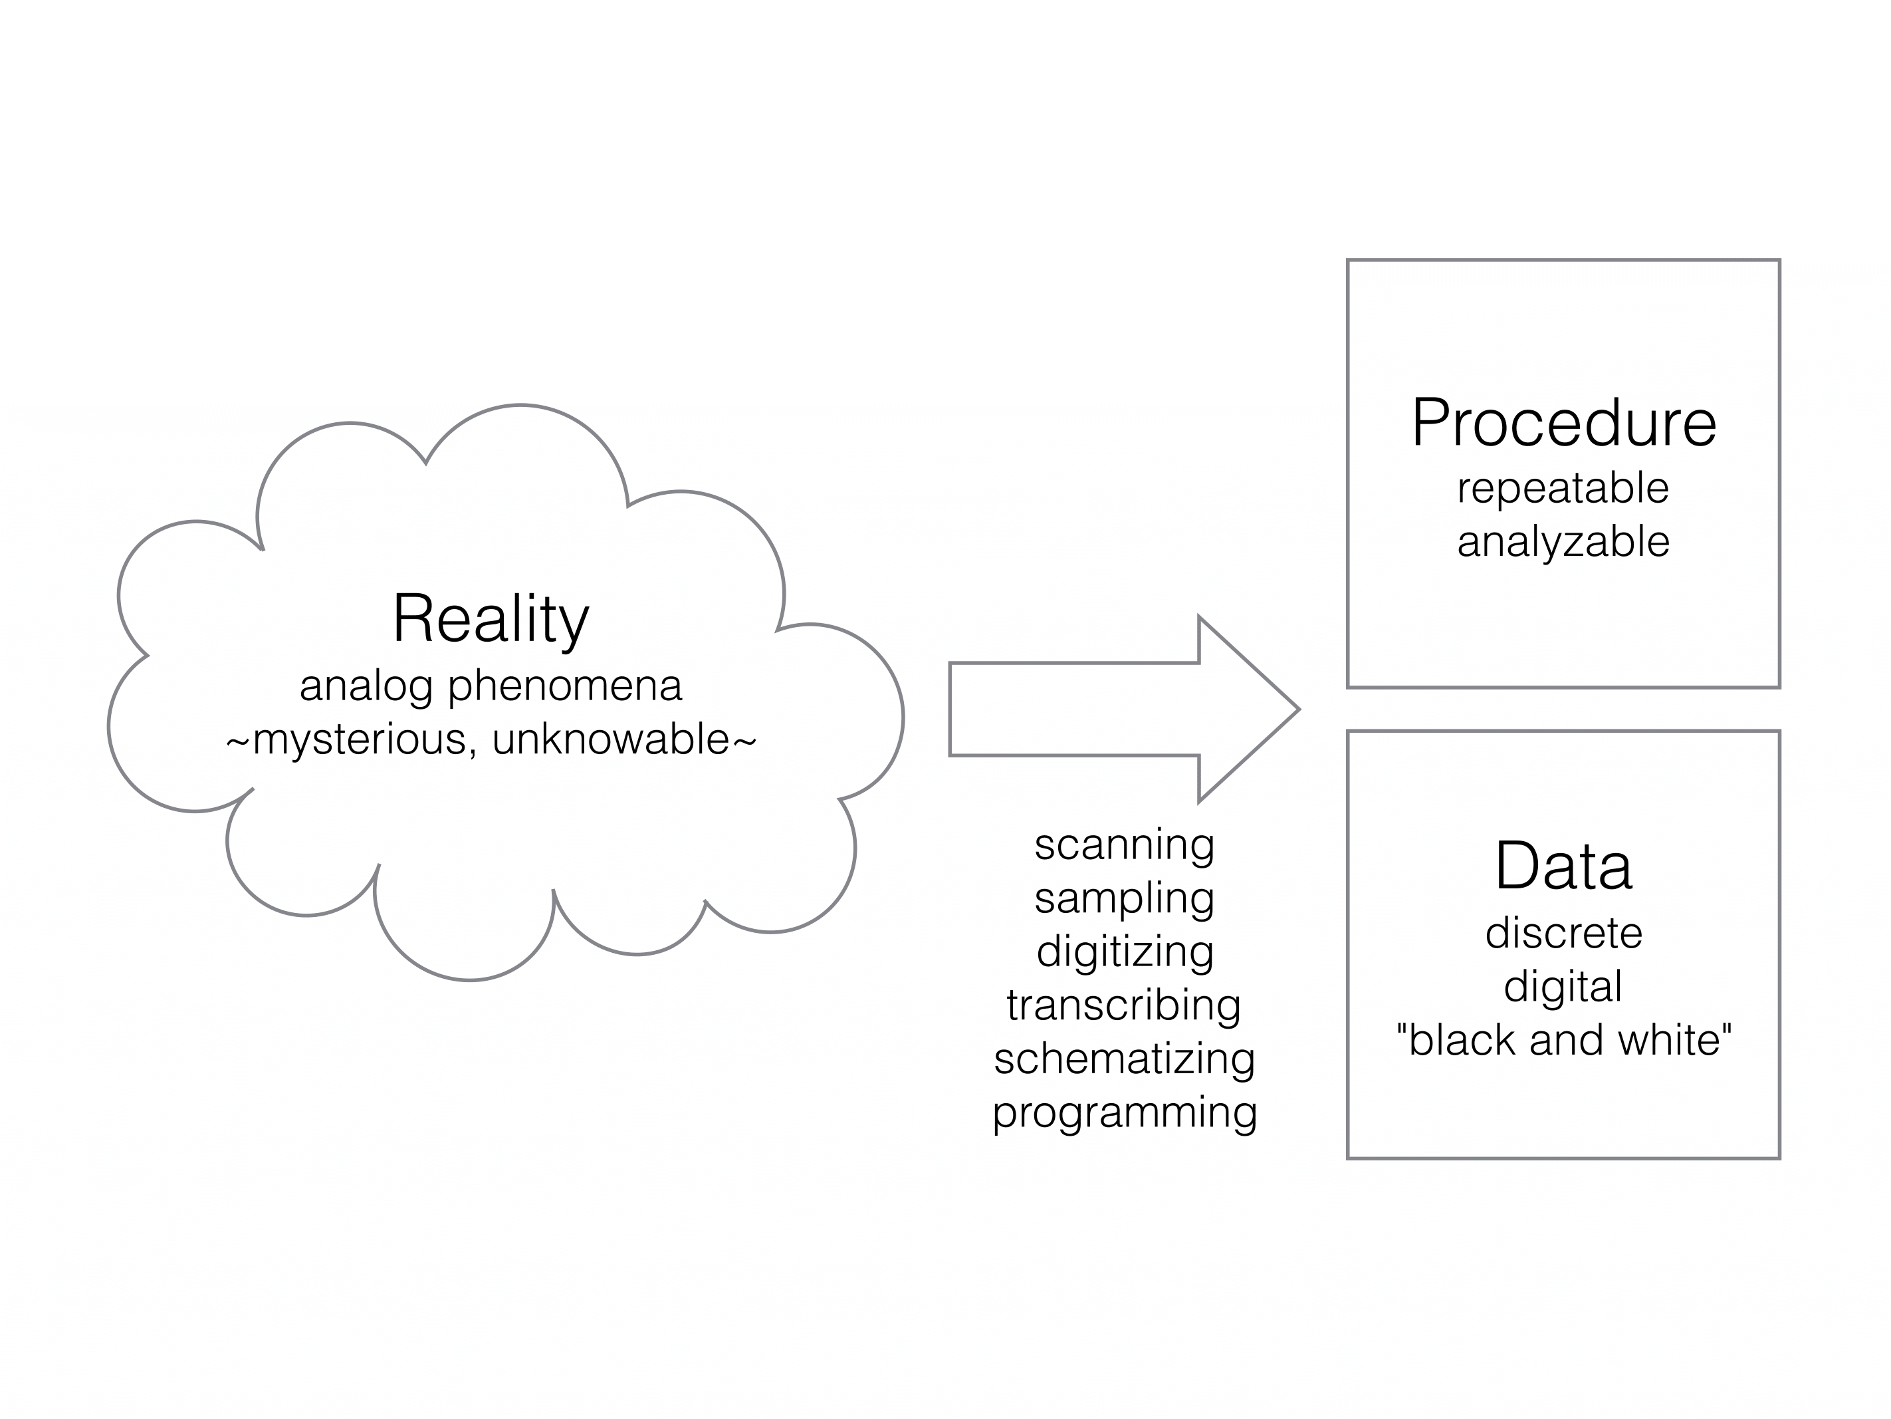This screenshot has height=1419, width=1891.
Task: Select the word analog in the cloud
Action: [366, 687]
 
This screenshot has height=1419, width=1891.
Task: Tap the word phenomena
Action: [565, 687]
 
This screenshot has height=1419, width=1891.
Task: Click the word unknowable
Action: [610, 739]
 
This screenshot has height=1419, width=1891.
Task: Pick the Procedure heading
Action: [1563, 424]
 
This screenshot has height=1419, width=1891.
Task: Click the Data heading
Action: [1563, 866]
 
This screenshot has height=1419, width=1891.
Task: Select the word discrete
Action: [1563, 932]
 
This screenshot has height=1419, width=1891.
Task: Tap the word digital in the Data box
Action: [1563, 987]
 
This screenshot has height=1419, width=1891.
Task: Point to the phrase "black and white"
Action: [1563, 1040]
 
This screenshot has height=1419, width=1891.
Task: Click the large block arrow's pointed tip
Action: [1299, 709]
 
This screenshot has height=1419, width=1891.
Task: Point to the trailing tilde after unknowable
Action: [744, 741]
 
